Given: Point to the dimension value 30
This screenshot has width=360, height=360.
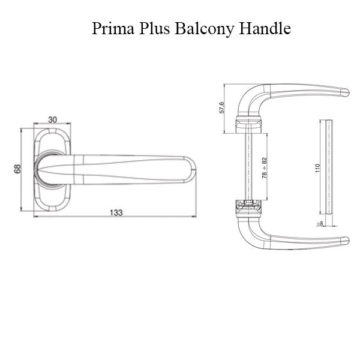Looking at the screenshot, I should click(52, 119).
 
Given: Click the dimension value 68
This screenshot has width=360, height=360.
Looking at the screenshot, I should click(18, 169).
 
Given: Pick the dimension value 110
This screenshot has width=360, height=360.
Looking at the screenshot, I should click(318, 168).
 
